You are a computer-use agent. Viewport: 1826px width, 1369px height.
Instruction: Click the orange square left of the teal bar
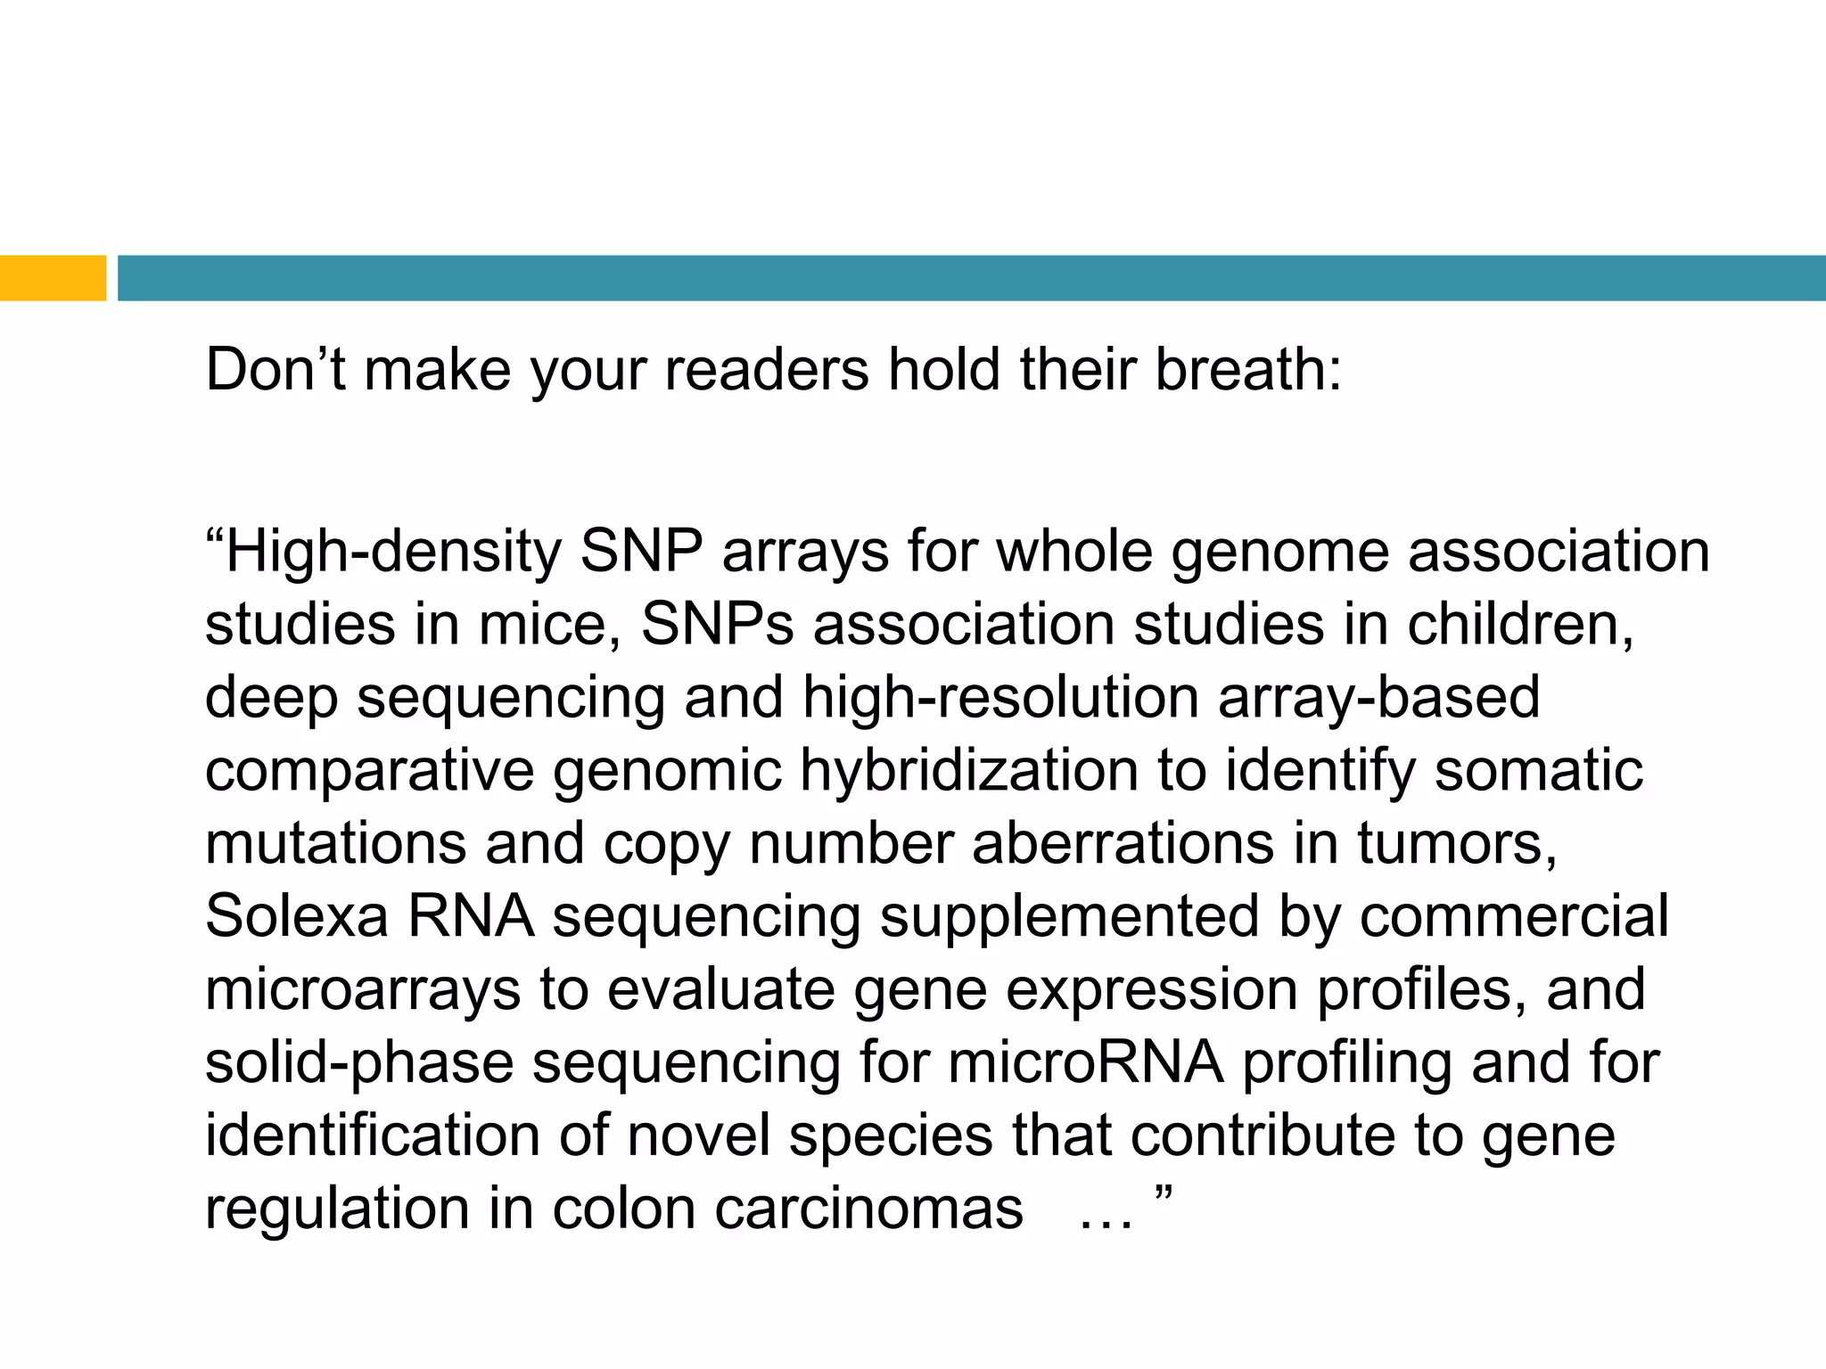tap(53, 278)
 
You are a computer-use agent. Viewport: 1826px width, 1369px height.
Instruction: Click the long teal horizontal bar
tap(971, 278)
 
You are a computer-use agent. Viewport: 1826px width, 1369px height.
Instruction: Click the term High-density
tap(392, 552)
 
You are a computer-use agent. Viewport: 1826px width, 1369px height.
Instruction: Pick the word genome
tap(1279, 552)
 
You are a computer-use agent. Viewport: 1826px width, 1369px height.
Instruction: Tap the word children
tap(1520, 624)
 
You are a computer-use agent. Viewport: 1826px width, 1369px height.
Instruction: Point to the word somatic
tap(1538, 770)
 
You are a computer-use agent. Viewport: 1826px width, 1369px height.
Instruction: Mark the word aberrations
tap(1123, 843)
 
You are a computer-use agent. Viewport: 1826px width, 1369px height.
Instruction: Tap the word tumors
tap(1457, 843)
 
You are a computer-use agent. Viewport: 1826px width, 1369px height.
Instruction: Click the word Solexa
tap(297, 916)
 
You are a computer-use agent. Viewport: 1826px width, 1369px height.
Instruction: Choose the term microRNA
tap(1085, 1062)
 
